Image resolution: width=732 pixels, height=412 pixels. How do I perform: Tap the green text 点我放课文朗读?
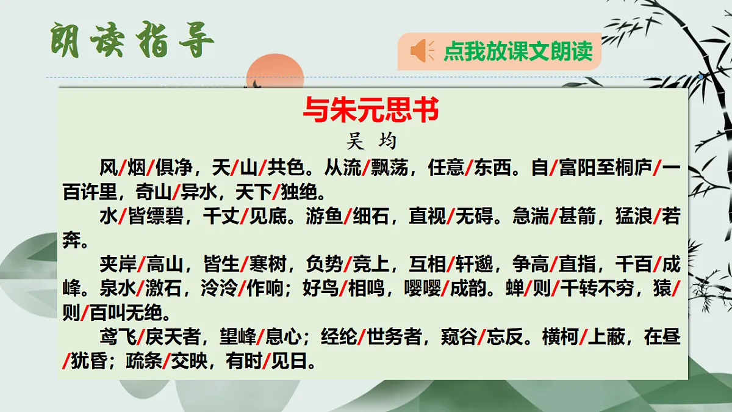[x=518, y=51]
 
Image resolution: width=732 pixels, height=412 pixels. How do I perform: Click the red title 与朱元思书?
[x=371, y=111]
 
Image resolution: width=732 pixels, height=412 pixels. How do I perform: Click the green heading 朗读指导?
[x=131, y=41]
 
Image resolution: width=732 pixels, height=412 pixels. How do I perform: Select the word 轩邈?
[x=474, y=266]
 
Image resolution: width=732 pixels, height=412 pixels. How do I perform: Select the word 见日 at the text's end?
[x=290, y=362]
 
